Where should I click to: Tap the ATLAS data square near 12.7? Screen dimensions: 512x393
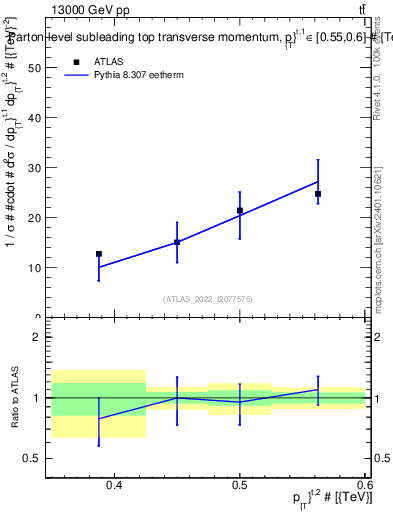click(99, 254)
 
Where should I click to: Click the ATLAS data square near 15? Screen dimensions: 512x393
click(177, 242)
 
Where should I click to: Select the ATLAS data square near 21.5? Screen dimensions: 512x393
click(240, 210)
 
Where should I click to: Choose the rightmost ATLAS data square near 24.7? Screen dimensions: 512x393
click(318, 194)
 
